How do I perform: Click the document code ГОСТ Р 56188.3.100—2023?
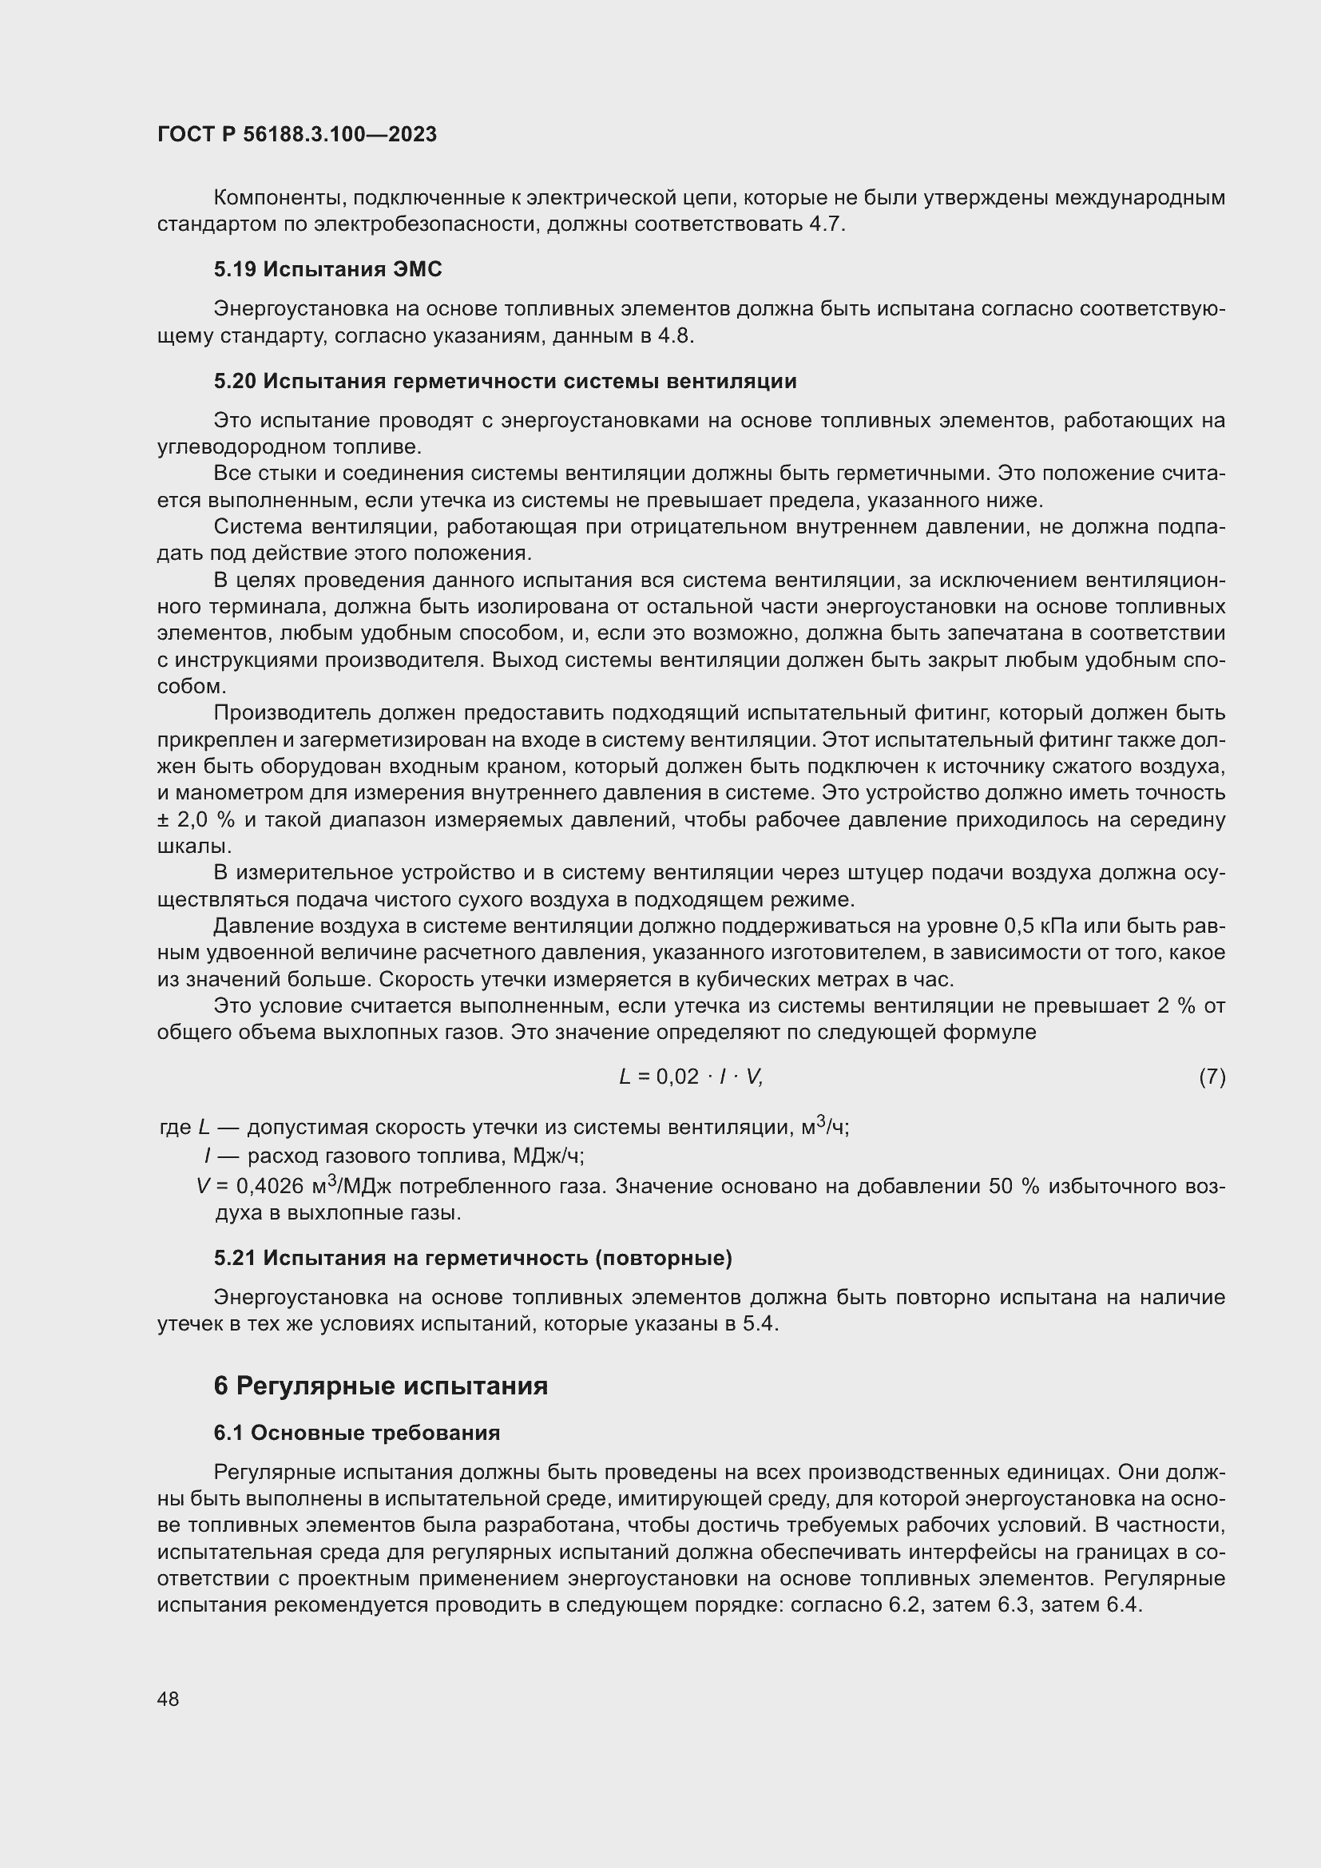click(297, 134)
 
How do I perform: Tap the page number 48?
click(169, 1699)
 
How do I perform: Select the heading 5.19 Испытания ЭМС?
click(327, 269)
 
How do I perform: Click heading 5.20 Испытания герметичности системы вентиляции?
click(505, 381)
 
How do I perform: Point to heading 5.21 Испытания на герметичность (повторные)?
click(473, 1258)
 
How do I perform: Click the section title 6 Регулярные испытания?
click(381, 1386)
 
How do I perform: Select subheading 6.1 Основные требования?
click(356, 1433)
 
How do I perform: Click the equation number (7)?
click(1212, 1077)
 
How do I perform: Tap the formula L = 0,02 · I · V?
click(691, 1077)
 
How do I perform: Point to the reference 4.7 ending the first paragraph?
click(826, 224)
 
